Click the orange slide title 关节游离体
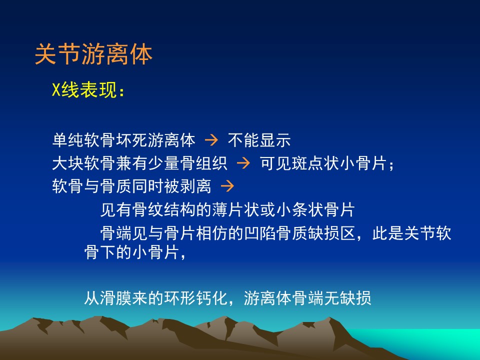tap(93, 54)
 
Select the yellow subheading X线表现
tap(84, 90)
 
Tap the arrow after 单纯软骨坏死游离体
tap(211, 140)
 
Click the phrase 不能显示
tap(259, 140)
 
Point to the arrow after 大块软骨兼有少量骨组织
tap(243, 163)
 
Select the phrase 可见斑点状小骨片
tap(323, 163)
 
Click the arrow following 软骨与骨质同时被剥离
tap(227, 186)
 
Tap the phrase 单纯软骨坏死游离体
tap(123, 140)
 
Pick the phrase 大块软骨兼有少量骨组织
tap(139, 163)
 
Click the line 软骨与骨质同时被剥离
tap(131, 186)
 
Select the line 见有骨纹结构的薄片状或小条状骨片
tap(227, 210)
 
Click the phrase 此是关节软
tap(411, 233)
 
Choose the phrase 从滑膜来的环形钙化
tap(155, 297)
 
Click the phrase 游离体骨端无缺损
tap(307, 297)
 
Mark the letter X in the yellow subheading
tap(56, 90)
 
